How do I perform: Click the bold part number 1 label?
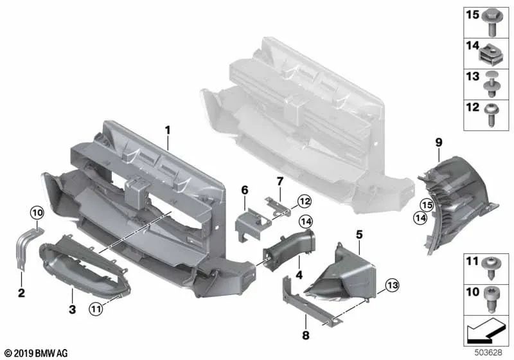click(x=168, y=130)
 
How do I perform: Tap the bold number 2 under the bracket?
click(x=21, y=292)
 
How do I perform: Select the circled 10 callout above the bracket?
click(x=37, y=213)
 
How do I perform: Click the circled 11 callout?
click(x=96, y=309)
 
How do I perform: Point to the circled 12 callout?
click(x=305, y=201)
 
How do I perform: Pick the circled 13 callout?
click(x=392, y=285)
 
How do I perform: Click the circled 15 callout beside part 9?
click(x=427, y=205)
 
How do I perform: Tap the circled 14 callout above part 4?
click(x=306, y=222)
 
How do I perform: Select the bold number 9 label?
click(x=439, y=143)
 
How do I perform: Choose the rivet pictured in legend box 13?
click(x=492, y=84)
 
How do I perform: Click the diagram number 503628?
click(x=488, y=352)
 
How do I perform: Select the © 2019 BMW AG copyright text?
click(x=37, y=353)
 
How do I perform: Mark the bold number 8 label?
click(x=306, y=335)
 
